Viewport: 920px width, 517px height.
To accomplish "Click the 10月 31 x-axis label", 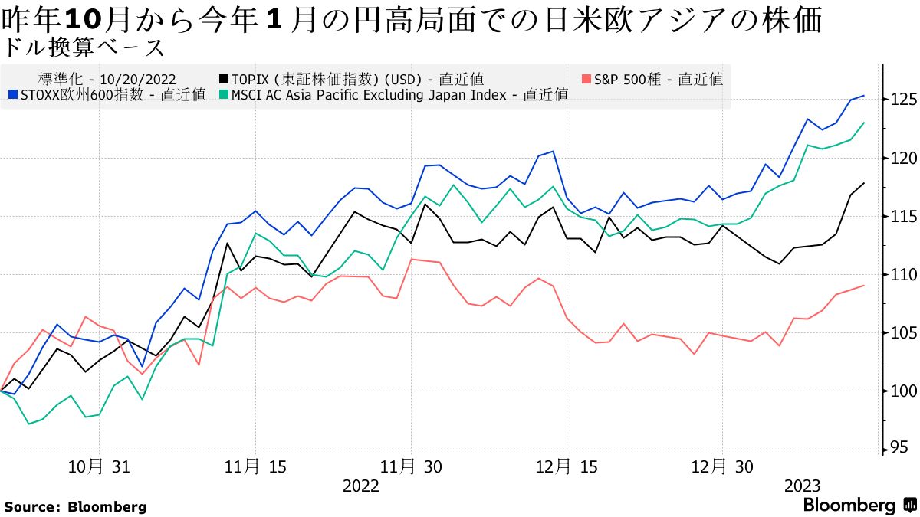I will click(99, 466).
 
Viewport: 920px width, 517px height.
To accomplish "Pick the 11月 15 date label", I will click(256, 466).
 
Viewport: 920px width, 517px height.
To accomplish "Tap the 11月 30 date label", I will click(412, 466).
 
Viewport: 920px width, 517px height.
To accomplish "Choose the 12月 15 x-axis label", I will click(567, 466).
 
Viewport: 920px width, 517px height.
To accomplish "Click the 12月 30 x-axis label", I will click(723, 466).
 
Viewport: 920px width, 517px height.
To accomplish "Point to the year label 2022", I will click(360, 486).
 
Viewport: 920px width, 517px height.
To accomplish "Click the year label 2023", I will click(802, 486).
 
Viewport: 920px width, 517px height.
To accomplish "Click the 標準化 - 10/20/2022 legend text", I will click(107, 79).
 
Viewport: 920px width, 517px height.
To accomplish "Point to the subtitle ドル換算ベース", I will click(84, 47).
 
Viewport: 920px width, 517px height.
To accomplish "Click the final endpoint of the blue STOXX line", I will click(865, 95).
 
